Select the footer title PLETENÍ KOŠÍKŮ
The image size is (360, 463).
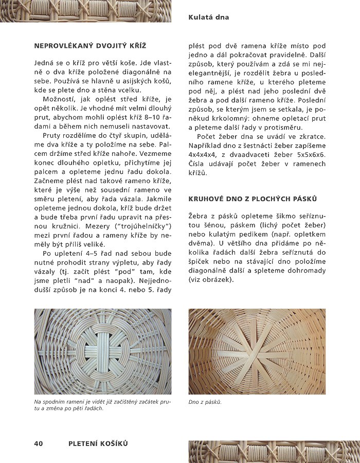coord(98,443)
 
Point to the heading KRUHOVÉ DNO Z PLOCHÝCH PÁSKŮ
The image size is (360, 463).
coord(253,199)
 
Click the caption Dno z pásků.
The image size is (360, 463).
coord(205,402)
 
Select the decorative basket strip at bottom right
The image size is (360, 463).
coord(274,451)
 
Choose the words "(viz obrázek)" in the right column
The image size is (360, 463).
coord(211,280)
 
